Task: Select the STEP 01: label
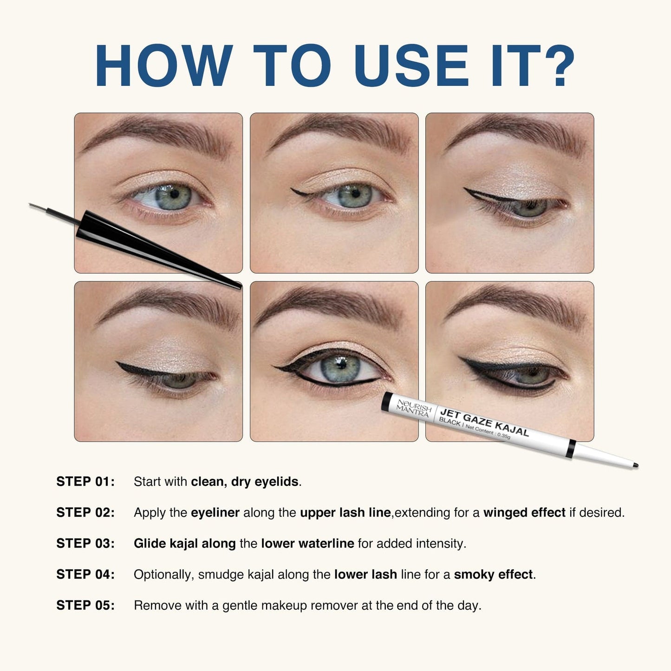[85, 482]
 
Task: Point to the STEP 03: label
[85, 543]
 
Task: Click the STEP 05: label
[85, 605]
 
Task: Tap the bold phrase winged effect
[524, 513]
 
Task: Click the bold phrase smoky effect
[493, 574]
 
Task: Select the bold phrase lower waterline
[307, 543]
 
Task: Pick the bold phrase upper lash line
[345, 513]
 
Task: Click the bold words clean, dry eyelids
[245, 482]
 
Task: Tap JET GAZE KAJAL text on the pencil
[484, 422]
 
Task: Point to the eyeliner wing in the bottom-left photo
[128, 368]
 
